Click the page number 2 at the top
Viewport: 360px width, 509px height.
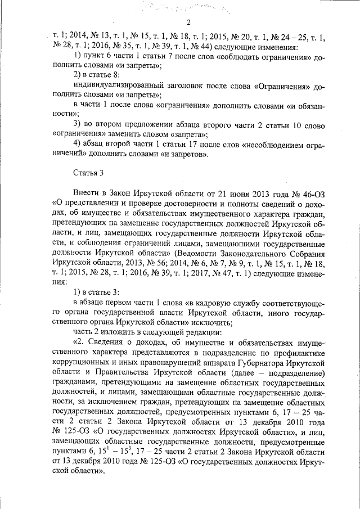pyautogui.click(x=189, y=22)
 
